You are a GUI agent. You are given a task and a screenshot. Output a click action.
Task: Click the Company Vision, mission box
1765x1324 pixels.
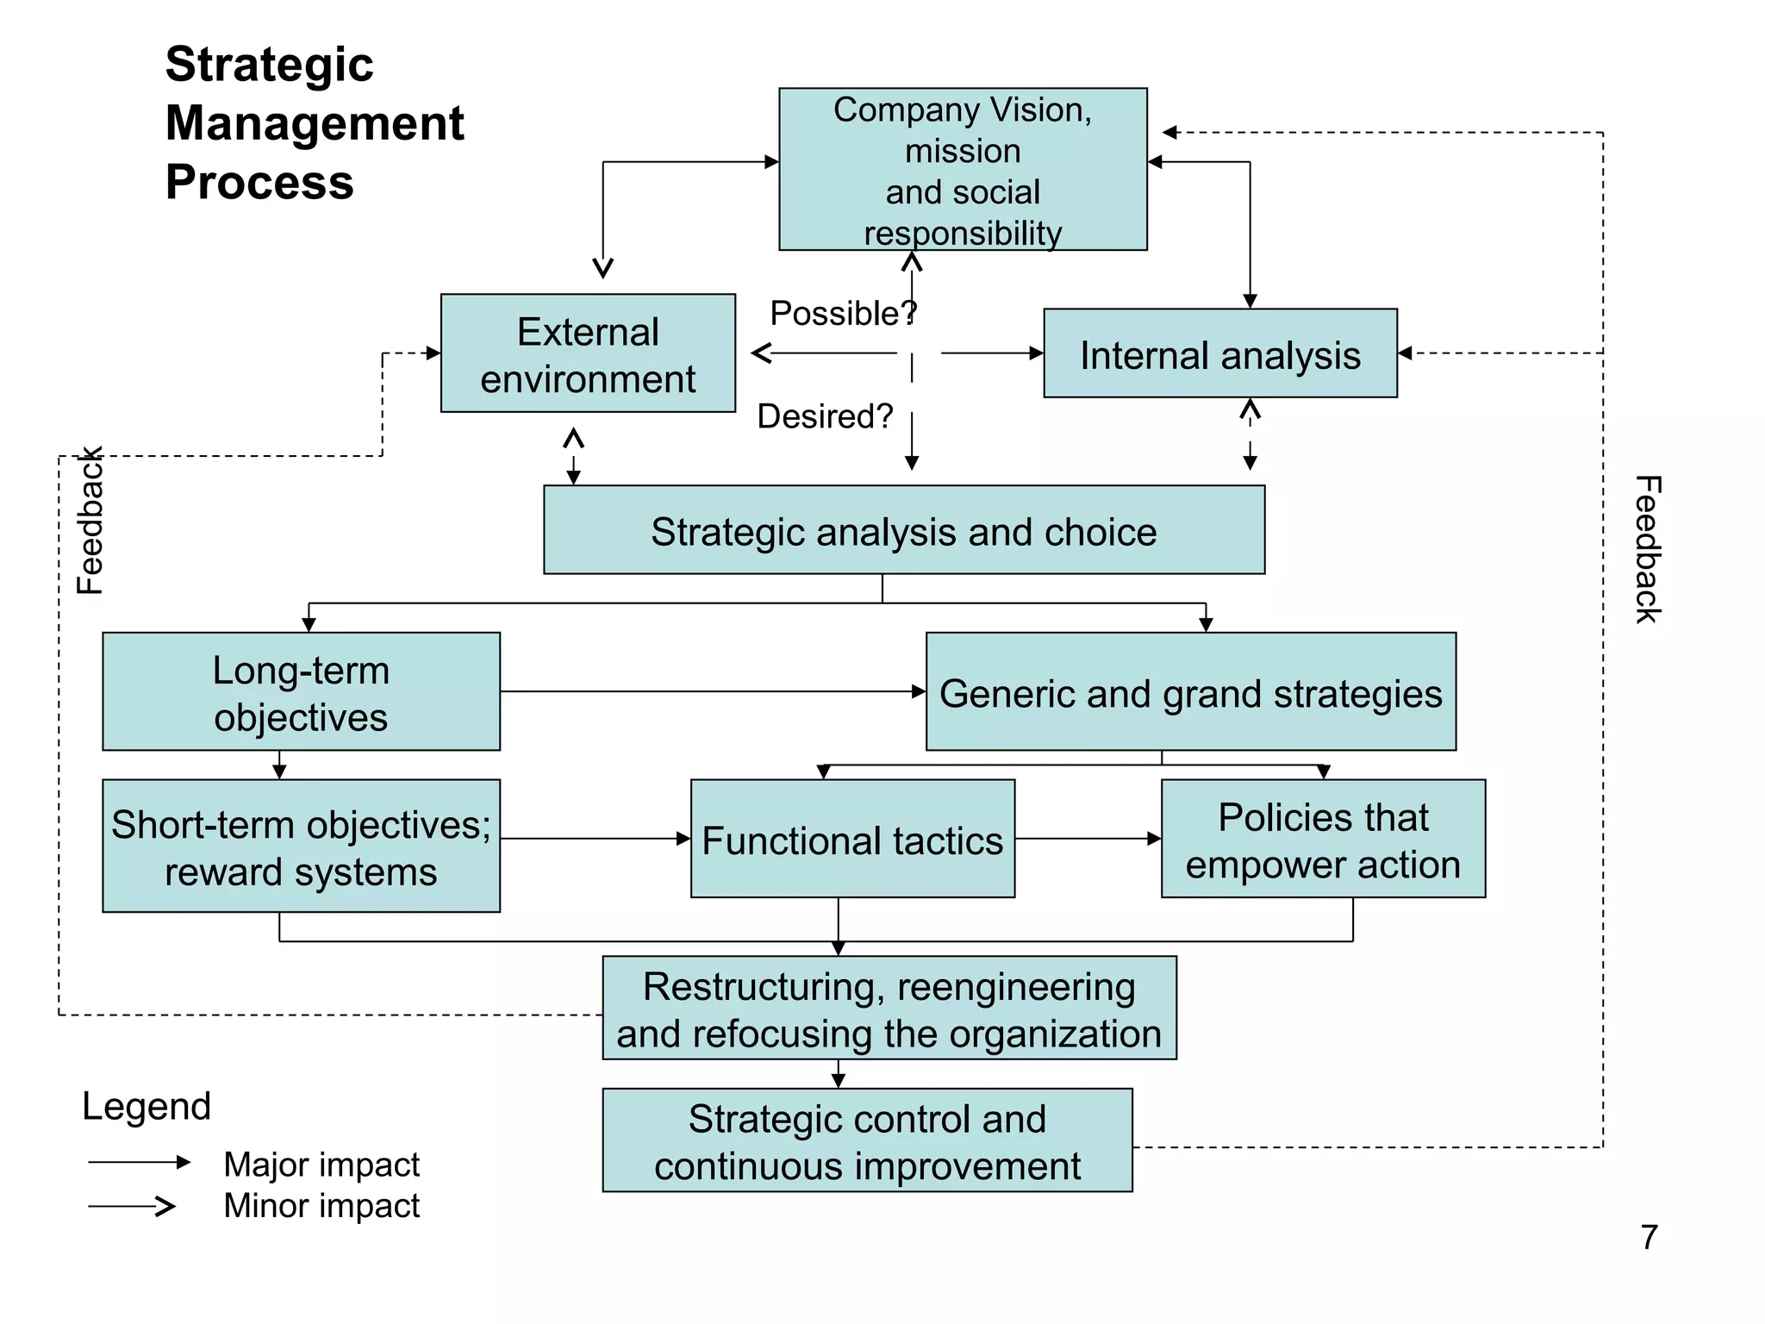(963, 170)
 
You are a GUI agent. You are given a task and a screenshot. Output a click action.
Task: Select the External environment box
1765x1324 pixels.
(588, 353)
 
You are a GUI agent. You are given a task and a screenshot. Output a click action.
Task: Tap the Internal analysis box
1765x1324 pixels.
(1219, 354)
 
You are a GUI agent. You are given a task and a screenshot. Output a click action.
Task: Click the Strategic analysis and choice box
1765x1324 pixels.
(903, 530)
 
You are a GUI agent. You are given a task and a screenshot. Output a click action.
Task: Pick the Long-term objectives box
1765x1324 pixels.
(301, 691)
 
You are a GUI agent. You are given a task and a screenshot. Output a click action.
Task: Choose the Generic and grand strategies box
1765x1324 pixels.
(1190, 692)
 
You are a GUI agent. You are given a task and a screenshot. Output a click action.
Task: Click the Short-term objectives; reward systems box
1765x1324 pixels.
(301, 846)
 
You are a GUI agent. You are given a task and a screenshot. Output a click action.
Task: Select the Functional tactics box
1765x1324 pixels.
(851, 839)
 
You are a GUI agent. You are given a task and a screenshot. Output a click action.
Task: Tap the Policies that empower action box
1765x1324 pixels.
(1322, 839)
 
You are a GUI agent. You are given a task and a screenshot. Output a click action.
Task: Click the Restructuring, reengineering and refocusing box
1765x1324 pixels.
(889, 1008)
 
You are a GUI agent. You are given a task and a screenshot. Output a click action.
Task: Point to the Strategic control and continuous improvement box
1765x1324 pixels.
(867, 1140)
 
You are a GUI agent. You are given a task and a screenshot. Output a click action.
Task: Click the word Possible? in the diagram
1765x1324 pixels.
(843, 313)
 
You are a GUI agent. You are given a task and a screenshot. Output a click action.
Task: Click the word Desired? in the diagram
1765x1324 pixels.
(825, 416)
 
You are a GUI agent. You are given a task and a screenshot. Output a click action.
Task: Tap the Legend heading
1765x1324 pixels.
(147, 1106)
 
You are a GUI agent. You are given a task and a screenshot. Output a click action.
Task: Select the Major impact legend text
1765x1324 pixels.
(321, 1164)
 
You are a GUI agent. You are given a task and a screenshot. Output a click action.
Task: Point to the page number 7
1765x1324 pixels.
(1649, 1237)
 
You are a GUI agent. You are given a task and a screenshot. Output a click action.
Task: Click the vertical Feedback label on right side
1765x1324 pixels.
(1647, 549)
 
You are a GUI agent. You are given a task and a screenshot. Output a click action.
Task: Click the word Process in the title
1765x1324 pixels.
(259, 182)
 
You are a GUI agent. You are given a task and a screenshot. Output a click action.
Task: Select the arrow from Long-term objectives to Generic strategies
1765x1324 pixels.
(712, 691)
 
